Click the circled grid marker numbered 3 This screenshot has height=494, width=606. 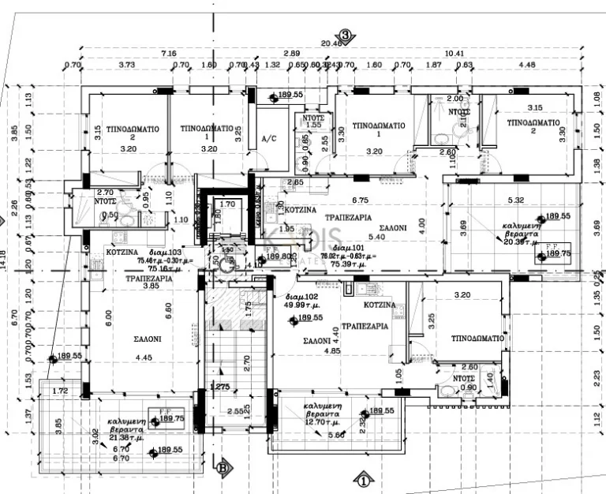tap(345, 35)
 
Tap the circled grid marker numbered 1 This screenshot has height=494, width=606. tap(364, 478)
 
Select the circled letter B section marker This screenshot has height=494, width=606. tap(223, 466)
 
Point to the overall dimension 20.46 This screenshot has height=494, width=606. tap(331, 44)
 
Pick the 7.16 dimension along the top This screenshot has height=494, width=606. tap(169, 53)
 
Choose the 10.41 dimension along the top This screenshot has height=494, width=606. tap(454, 53)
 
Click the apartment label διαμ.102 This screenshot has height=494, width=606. tap(301, 298)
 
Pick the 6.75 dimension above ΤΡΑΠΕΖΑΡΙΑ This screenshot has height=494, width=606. tap(360, 200)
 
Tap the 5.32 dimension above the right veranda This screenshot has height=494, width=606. tap(516, 200)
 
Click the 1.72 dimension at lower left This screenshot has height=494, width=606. tap(60, 391)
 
